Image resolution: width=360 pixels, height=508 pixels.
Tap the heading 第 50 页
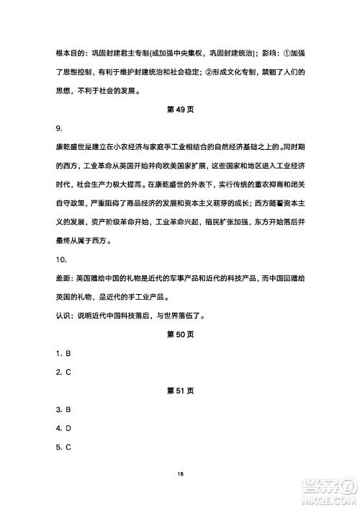click(x=180, y=334)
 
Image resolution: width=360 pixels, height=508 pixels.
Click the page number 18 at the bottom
click(x=180, y=473)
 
